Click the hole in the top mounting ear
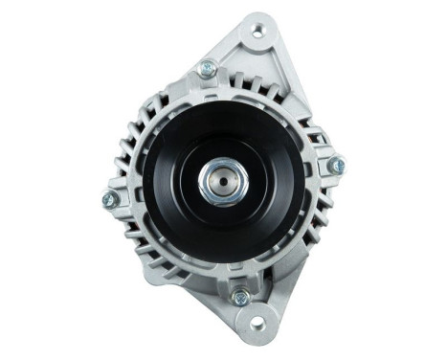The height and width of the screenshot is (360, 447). [x=257, y=31]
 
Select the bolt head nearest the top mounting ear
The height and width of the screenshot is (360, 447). [x=207, y=68]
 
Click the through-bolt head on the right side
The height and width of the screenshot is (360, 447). [x=336, y=166]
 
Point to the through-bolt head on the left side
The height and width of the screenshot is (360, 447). [x=110, y=199]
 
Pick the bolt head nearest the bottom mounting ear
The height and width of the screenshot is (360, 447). [x=240, y=298]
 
